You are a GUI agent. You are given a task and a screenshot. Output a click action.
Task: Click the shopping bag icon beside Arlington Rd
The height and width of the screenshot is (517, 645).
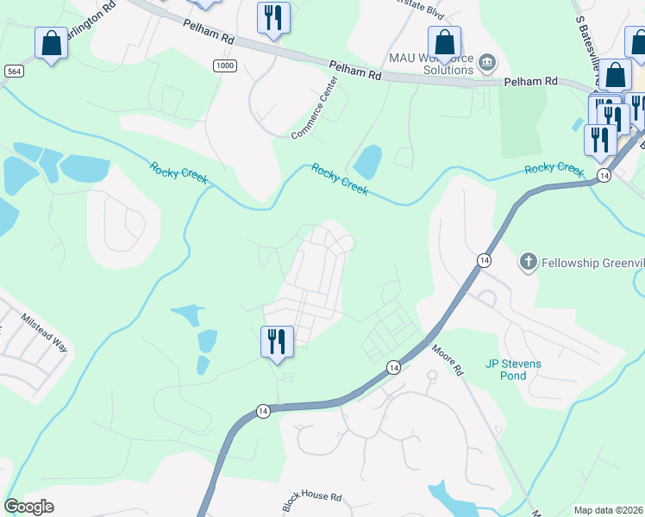[52, 43]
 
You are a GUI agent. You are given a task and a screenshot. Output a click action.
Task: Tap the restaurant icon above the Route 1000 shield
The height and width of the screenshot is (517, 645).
[273, 18]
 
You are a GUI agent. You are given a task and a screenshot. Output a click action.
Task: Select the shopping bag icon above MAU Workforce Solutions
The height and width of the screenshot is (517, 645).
[445, 42]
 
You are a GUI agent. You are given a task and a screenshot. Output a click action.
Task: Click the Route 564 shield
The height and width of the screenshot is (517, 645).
[13, 70]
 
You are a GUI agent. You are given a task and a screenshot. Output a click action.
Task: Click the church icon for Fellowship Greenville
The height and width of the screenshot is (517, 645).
[528, 260]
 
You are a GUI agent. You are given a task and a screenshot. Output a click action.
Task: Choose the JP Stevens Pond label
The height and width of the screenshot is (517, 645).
[513, 370]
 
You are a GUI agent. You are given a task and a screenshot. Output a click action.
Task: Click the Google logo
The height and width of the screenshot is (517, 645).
[28, 507]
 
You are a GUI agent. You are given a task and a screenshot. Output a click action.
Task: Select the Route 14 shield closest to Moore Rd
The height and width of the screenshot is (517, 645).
[393, 367]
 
